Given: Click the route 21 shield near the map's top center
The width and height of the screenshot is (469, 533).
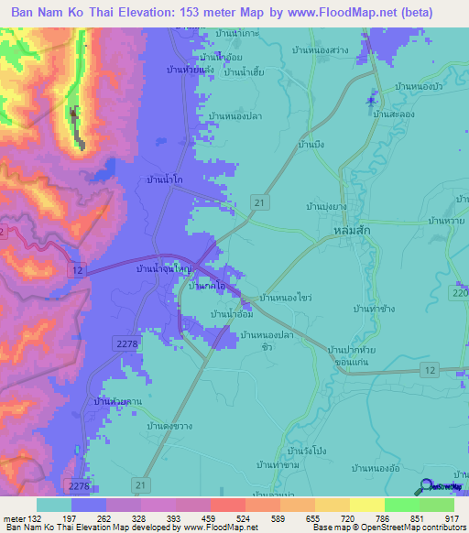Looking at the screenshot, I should (x=262, y=200).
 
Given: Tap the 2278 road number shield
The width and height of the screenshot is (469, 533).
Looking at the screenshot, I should (x=129, y=343).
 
